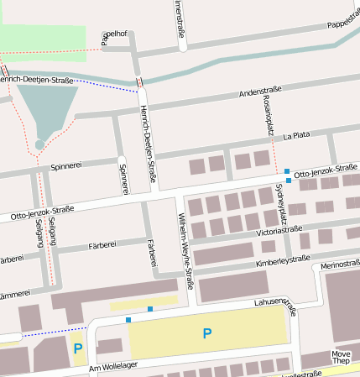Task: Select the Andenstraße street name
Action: pos(260,89)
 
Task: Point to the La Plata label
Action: pos(297,134)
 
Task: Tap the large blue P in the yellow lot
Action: pos(206,333)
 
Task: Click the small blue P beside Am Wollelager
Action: pos(78,348)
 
